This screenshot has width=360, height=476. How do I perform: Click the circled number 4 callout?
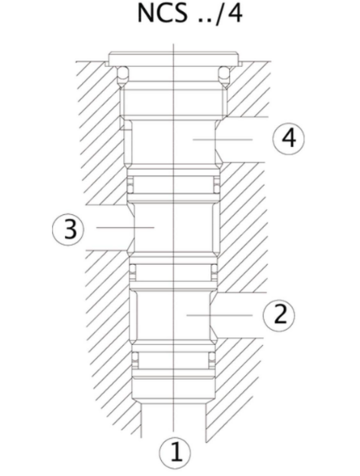[289, 139]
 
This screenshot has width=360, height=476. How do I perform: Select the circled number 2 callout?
[279, 315]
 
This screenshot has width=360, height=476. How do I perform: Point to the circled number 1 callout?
[175, 452]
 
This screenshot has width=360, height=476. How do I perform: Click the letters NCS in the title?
[162, 13]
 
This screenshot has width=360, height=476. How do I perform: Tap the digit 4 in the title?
[233, 13]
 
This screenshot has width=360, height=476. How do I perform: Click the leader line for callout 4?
[223, 140]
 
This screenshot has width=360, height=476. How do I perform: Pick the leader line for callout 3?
[125, 227]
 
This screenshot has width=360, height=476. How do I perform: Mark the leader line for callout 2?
[220, 315]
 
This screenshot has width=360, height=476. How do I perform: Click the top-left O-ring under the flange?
[122, 75]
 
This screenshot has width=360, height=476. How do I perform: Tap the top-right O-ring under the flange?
[224, 75]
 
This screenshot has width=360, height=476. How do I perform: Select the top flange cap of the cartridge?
[174, 59]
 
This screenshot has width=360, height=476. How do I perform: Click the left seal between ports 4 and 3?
[130, 186]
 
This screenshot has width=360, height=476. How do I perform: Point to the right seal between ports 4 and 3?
[216, 186]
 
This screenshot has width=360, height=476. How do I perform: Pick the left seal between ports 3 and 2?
[132, 271]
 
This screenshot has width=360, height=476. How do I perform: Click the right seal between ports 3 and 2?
[214, 271]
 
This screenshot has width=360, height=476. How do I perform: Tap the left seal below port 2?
[135, 359]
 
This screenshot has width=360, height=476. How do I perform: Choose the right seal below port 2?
[212, 359]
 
